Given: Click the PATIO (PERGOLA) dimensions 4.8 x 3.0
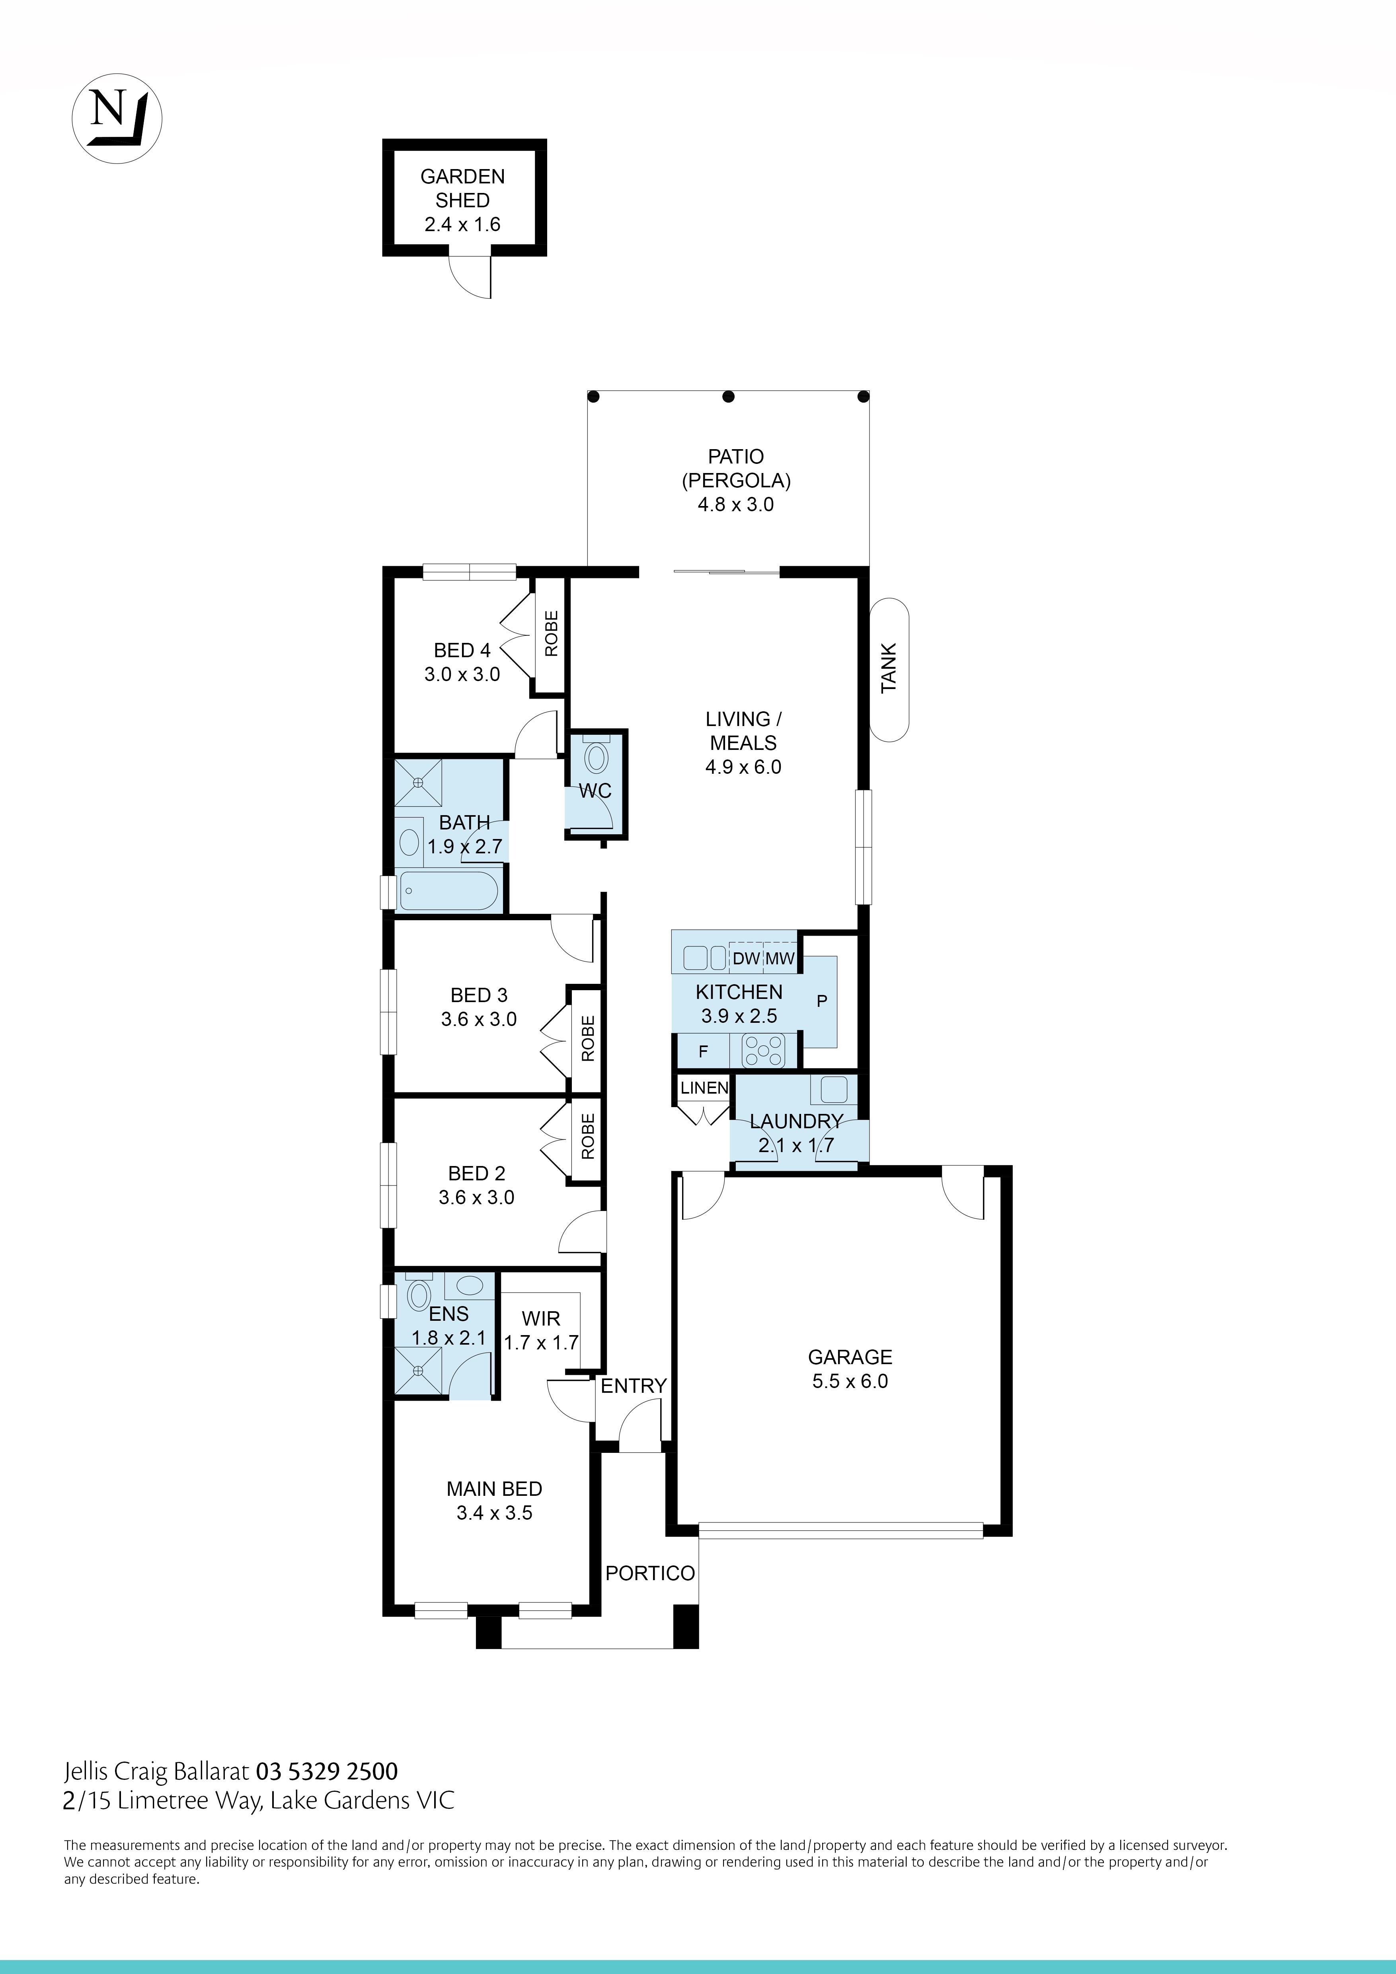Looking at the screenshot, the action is point(735,505).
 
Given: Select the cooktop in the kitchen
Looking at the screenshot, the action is point(764,1050).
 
